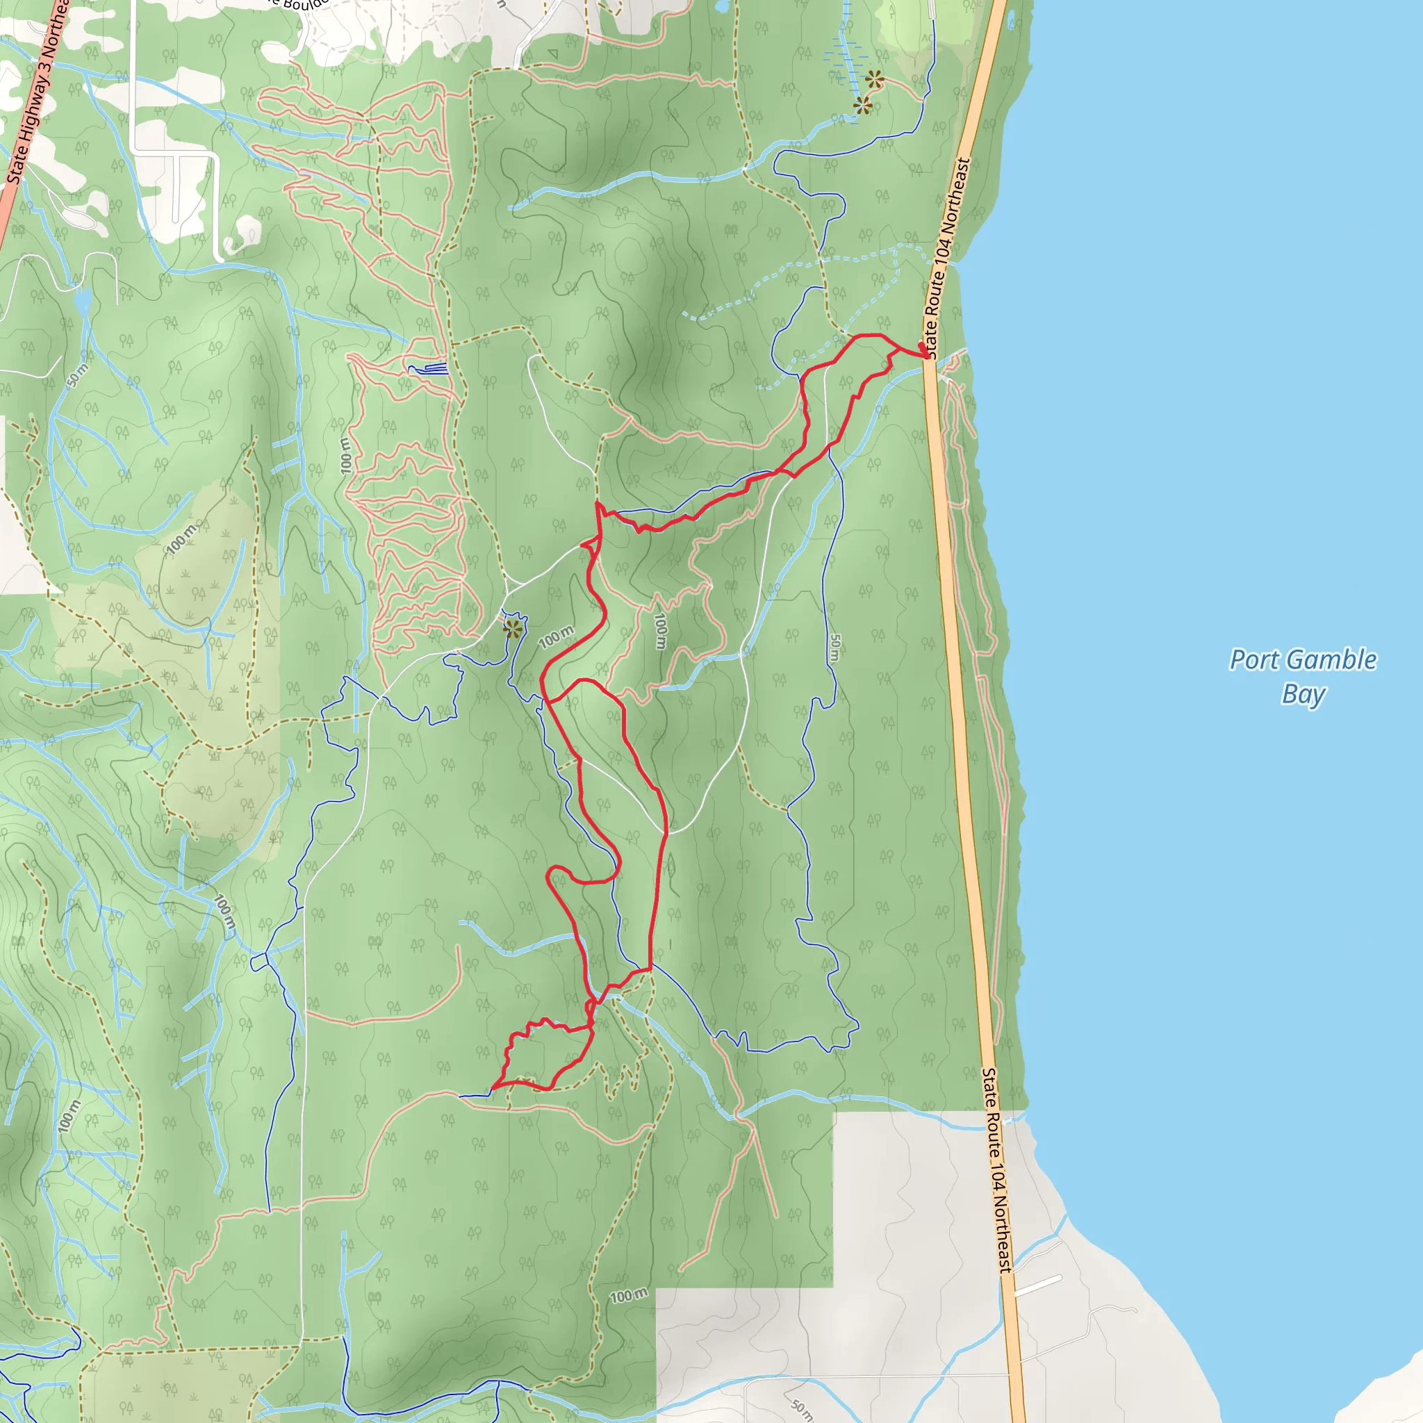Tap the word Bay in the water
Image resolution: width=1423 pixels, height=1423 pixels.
(x=1303, y=695)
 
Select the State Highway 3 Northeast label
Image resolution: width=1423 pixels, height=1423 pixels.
(x=37, y=92)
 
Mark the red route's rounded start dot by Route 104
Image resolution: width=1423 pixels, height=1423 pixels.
(x=921, y=345)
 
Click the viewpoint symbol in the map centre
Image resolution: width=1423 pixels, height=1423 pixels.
(x=513, y=629)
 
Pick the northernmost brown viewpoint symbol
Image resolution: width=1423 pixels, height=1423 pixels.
(x=874, y=79)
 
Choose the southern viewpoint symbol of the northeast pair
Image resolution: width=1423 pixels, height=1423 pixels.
(x=862, y=106)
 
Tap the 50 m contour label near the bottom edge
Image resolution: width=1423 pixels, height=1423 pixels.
(x=800, y=1409)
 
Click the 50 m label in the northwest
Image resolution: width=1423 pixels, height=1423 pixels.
(x=76, y=376)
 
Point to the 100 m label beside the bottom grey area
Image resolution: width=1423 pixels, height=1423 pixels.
(x=628, y=1316)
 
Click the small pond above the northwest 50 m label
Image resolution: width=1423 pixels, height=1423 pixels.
(x=83, y=299)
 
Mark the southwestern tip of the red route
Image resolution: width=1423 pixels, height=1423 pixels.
(x=491, y=1087)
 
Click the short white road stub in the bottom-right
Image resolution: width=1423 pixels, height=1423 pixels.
(x=1038, y=1286)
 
